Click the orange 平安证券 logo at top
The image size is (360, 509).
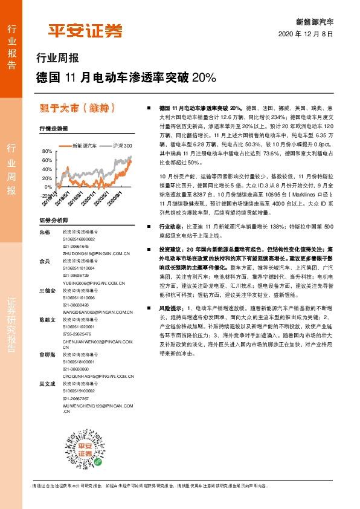point(85,31)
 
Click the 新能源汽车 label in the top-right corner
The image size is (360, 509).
point(314,21)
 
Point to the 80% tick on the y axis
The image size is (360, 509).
point(46,151)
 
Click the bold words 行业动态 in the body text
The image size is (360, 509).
point(171,225)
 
